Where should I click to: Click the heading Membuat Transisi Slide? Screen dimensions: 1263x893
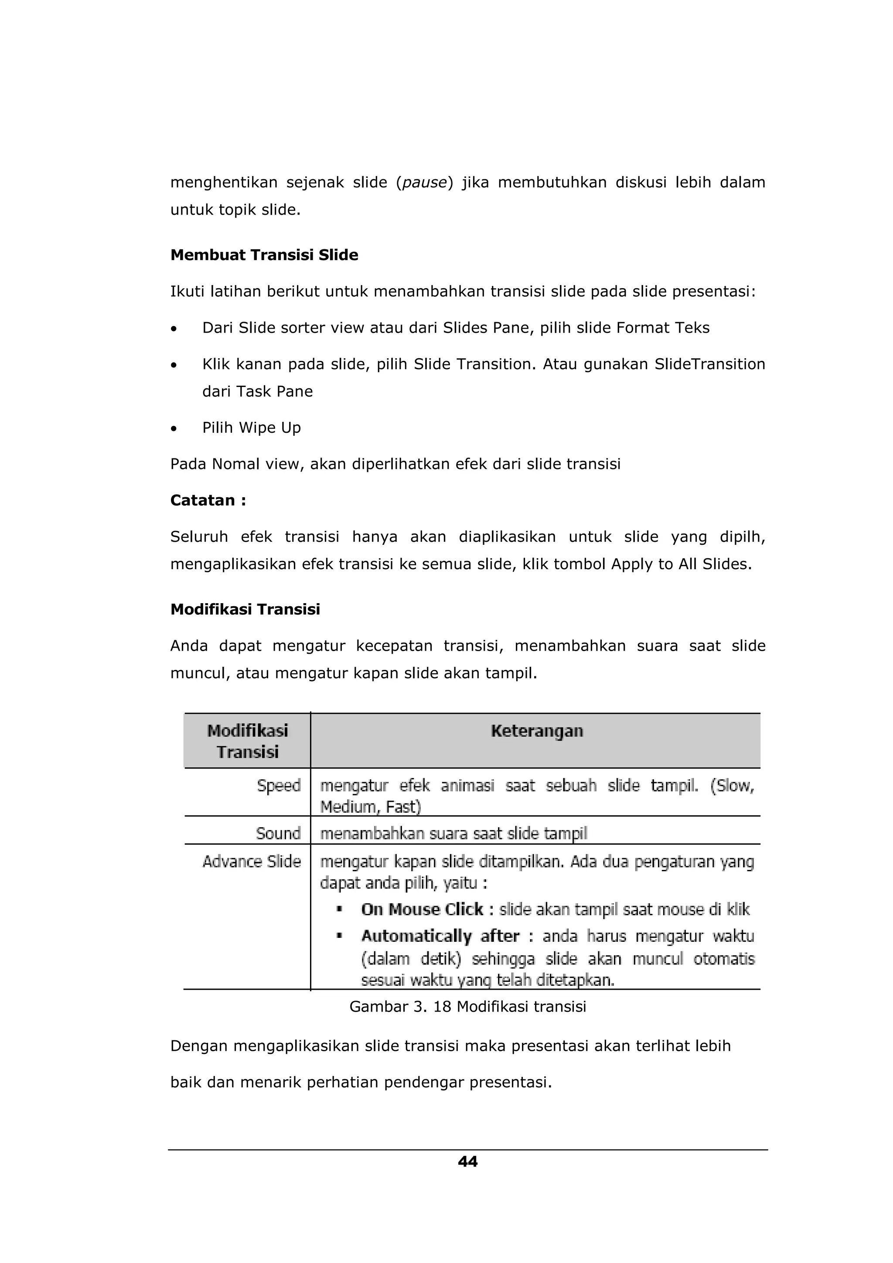tap(264, 255)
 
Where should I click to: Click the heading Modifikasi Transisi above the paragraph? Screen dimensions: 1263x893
tap(245, 610)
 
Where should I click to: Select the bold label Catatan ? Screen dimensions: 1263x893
tap(208, 501)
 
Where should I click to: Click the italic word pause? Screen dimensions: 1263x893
tap(424, 183)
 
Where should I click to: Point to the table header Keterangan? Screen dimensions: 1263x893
tap(536, 731)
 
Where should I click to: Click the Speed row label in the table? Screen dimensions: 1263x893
tap(279, 785)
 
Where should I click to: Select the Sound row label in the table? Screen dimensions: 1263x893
tap(278, 833)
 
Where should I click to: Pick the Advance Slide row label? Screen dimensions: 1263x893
tap(252, 862)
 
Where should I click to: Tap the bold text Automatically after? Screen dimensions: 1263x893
tap(440, 936)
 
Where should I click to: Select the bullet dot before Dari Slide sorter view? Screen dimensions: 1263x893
tap(174, 329)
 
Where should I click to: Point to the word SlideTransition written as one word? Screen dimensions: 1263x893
tap(709, 364)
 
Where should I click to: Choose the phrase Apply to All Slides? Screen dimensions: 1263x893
tap(681, 564)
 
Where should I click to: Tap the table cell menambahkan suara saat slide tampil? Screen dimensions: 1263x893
tap(453, 833)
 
